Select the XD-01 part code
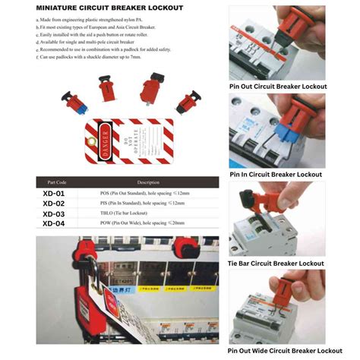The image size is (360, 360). (53, 194)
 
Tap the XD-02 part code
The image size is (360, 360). (53, 204)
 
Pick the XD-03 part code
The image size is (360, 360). (53, 213)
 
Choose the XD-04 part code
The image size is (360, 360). (53, 223)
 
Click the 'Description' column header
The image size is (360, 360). (147, 182)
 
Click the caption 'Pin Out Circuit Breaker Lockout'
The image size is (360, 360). (277, 87)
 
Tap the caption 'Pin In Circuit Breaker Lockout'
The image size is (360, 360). (276, 174)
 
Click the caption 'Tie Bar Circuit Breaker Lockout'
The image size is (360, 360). (276, 263)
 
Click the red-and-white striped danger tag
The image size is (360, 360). (129, 143)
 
